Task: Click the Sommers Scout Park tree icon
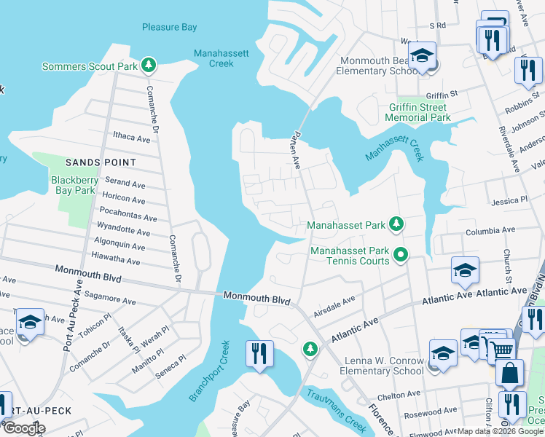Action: click(x=149, y=66)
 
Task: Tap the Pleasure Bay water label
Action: click(x=169, y=27)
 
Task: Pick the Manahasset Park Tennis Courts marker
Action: click(x=400, y=255)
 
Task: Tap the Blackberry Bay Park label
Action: click(x=74, y=185)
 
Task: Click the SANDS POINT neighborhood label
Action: click(x=101, y=162)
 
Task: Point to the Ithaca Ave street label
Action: click(x=131, y=138)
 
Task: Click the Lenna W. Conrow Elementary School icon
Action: click(x=443, y=354)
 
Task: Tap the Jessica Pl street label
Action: click(x=509, y=200)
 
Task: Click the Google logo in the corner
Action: click(x=23, y=429)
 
